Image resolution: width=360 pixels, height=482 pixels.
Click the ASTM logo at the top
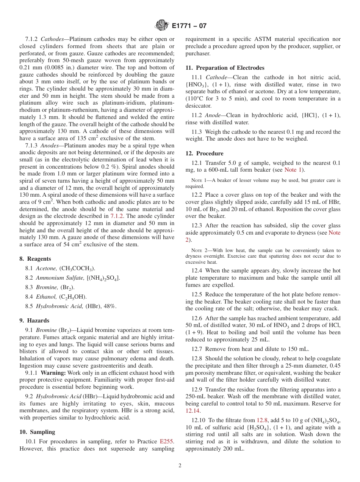point(161,26)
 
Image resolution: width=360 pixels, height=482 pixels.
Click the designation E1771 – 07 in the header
point(189,26)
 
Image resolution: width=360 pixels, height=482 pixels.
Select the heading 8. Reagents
point(35,259)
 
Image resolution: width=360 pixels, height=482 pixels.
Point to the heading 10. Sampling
point(37,432)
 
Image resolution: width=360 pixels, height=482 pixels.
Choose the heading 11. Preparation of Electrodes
point(225,68)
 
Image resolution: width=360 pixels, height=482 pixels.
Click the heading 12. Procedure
point(204,153)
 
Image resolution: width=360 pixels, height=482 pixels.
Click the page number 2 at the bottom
point(180,466)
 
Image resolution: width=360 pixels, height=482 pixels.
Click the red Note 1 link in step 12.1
point(293,170)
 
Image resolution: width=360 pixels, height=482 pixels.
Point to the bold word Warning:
point(53,373)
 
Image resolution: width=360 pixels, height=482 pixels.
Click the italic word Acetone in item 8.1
point(46,268)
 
